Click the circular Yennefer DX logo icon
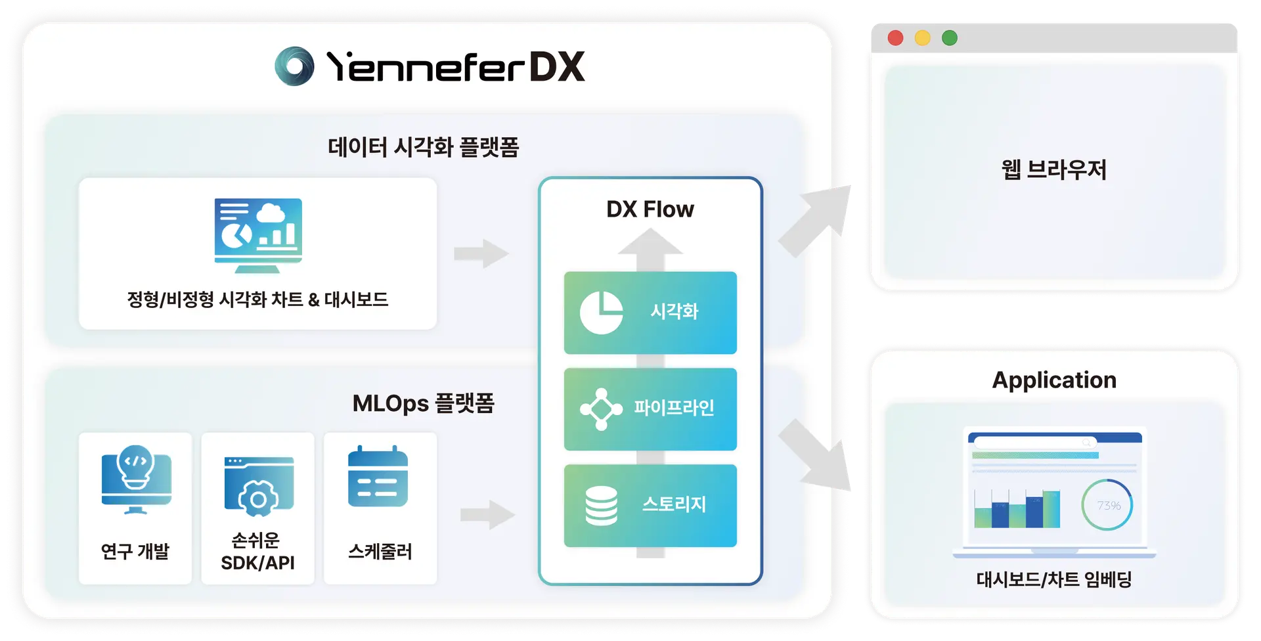pyautogui.click(x=294, y=66)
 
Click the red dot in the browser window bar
pyautogui.click(x=895, y=38)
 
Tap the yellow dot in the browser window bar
pyautogui.click(x=922, y=38)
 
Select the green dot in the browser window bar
pyautogui.click(x=949, y=38)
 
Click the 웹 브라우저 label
pyautogui.click(x=1053, y=170)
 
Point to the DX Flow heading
pyautogui.click(x=650, y=210)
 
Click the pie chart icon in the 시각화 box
pyautogui.click(x=601, y=313)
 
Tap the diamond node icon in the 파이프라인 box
pyautogui.click(x=601, y=409)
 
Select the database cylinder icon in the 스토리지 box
pyautogui.click(x=601, y=506)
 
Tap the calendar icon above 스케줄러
pyautogui.click(x=378, y=477)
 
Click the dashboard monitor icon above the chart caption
pyautogui.click(x=258, y=235)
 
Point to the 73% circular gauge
pyautogui.click(x=1107, y=505)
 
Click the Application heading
pyautogui.click(x=1053, y=380)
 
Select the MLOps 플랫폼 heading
pyautogui.click(x=423, y=403)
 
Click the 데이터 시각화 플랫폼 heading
pyautogui.click(x=423, y=147)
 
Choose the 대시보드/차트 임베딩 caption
pyautogui.click(x=1053, y=580)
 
